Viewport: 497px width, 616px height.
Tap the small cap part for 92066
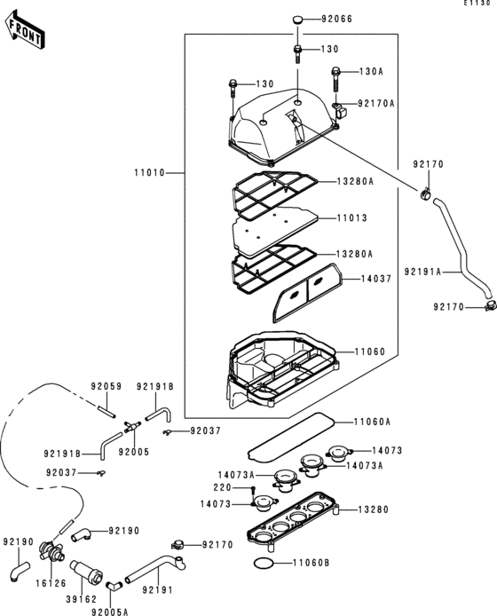[298, 19]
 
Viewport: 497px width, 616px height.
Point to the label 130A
[370, 71]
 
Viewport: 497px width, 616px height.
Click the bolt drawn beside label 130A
[336, 83]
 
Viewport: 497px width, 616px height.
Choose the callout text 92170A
[375, 103]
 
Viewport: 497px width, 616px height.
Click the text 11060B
[311, 563]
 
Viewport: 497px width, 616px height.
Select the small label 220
[220, 487]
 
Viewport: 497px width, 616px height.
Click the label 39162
[80, 599]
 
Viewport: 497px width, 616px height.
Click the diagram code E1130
[477, 4]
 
